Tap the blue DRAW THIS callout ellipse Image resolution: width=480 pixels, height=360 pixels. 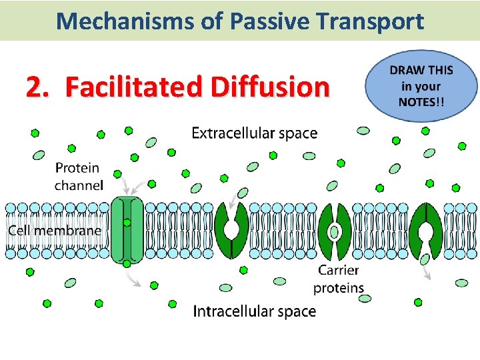tap(421, 87)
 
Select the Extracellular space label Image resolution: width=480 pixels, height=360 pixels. tap(254, 133)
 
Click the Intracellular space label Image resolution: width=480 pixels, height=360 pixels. tap(254, 311)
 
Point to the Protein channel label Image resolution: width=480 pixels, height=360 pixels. tap(79, 177)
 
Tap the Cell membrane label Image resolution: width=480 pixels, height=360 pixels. tap(55, 231)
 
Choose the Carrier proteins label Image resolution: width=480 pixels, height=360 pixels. tap(339, 279)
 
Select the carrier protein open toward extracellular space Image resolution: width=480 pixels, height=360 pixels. tap(231, 230)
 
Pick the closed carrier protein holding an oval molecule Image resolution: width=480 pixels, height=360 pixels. tap(335, 231)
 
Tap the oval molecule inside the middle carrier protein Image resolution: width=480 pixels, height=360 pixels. tap(335, 231)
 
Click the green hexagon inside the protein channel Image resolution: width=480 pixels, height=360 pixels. tap(127, 223)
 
